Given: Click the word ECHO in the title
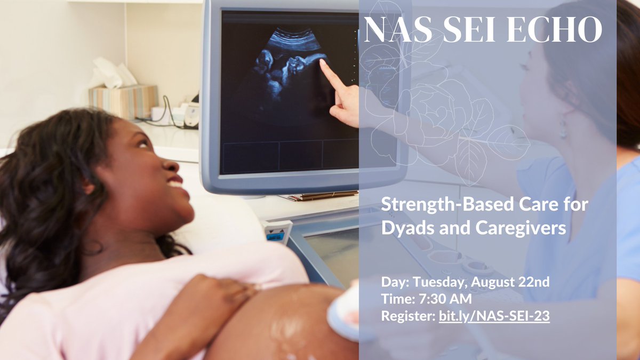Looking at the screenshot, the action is tap(554, 29).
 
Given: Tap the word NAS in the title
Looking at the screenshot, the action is tap(398, 29).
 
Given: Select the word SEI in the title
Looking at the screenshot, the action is tap(469, 29).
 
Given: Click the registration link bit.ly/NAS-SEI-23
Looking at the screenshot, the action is tap(494, 316).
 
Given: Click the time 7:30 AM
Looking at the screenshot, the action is tap(445, 299).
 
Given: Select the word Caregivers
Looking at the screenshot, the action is tap(521, 228).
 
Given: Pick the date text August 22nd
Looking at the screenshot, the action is tap(510, 282).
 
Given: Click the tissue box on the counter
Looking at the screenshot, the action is tap(123, 101).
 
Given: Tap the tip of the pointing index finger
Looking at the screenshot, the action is tap(322, 61).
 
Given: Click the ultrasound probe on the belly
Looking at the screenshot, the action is tap(343, 314).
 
